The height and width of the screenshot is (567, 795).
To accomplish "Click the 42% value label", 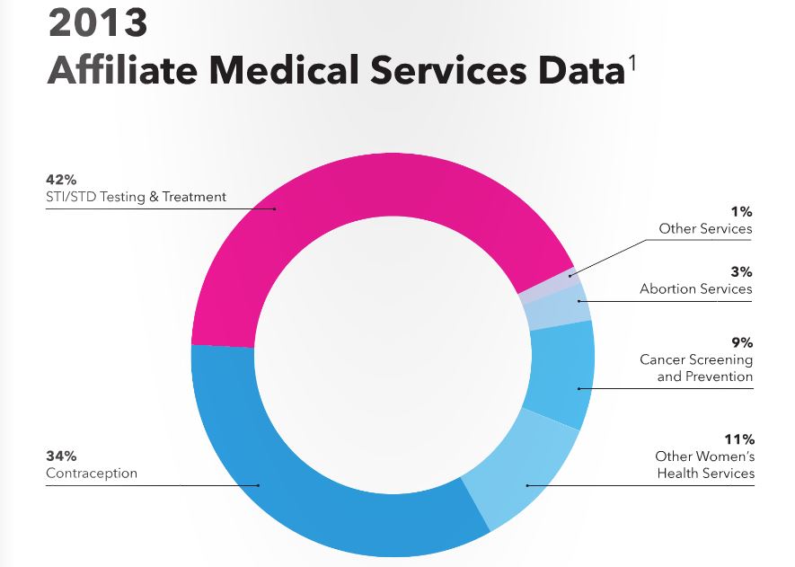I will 61,180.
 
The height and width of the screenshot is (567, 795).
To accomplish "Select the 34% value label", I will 61,456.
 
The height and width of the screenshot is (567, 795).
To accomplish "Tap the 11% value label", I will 740,439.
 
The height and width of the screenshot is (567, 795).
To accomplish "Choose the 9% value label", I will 742,342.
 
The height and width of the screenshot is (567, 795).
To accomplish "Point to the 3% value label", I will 742,271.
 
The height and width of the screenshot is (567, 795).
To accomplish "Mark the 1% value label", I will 742,211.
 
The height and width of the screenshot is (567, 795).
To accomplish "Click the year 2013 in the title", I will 96,24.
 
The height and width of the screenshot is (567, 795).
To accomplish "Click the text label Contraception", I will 92,473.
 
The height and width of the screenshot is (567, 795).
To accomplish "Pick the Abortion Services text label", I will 696,288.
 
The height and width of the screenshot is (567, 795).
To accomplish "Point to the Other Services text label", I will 706,228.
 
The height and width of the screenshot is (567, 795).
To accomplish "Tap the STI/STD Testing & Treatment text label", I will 136,196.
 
